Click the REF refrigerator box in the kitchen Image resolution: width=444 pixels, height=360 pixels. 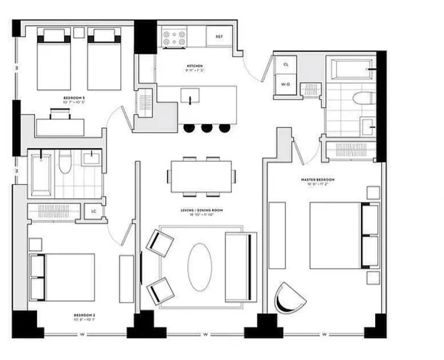pos(219,36)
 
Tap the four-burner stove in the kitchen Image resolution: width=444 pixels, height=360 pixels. pos(174,37)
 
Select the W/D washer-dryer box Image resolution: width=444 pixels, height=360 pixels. pos(286,84)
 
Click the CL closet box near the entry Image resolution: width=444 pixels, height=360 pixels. pos(286,64)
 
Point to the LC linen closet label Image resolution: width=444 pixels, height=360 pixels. pos(94,211)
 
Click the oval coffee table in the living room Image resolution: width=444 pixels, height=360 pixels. pos(200,267)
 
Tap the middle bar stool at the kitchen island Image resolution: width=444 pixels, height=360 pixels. pos(206,128)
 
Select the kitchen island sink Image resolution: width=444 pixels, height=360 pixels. pos(190,95)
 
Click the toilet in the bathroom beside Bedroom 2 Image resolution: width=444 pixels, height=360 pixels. pos(65,161)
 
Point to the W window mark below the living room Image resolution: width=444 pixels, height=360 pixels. pos(205,334)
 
